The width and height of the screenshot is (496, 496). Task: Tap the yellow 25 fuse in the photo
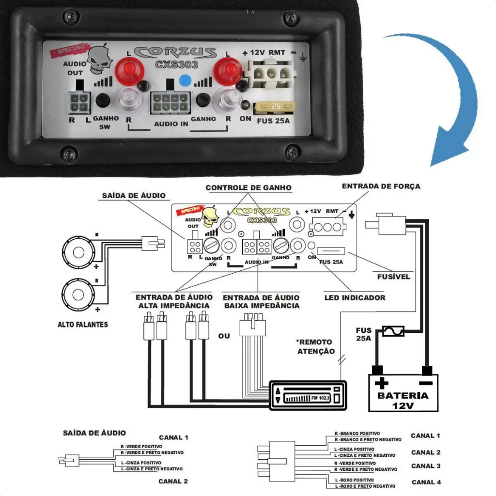click(x=275, y=106)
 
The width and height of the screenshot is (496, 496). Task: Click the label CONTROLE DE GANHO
click(x=248, y=187)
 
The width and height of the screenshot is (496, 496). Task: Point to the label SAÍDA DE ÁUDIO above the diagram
click(x=134, y=196)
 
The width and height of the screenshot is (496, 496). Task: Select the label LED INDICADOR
click(x=355, y=297)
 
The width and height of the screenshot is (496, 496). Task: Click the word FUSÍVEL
click(x=393, y=277)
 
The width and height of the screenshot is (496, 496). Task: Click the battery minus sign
click(x=425, y=383)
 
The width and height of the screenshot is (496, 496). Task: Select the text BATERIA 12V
click(x=403, y=400)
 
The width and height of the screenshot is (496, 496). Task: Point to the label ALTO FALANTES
click(x=82, y=325)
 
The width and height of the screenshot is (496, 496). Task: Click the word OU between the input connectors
click(x=224, y=335)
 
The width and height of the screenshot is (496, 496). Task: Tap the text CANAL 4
click(x=426, y=482)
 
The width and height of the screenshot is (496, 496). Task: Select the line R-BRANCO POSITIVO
click(x=357, y=433)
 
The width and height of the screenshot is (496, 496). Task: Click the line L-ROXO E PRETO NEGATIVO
click(x=365, y=485)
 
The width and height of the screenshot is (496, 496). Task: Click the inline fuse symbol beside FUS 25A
click(x=393, y=331)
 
